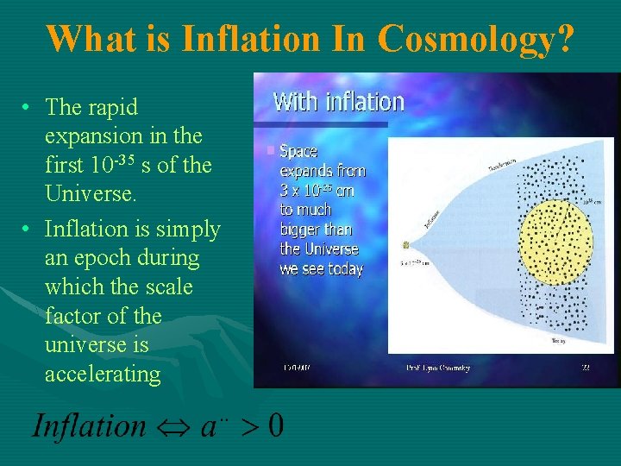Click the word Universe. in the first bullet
point(91,194)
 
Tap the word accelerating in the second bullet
point(103,374)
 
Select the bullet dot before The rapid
point(28,108)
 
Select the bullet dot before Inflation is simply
point(28,230)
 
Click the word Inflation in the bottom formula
point(90,425)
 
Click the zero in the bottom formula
point(274,425)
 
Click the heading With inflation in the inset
point(338,102)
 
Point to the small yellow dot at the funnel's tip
point(405,246)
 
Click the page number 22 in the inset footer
point(586,368)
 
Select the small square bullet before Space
point(271,151)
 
